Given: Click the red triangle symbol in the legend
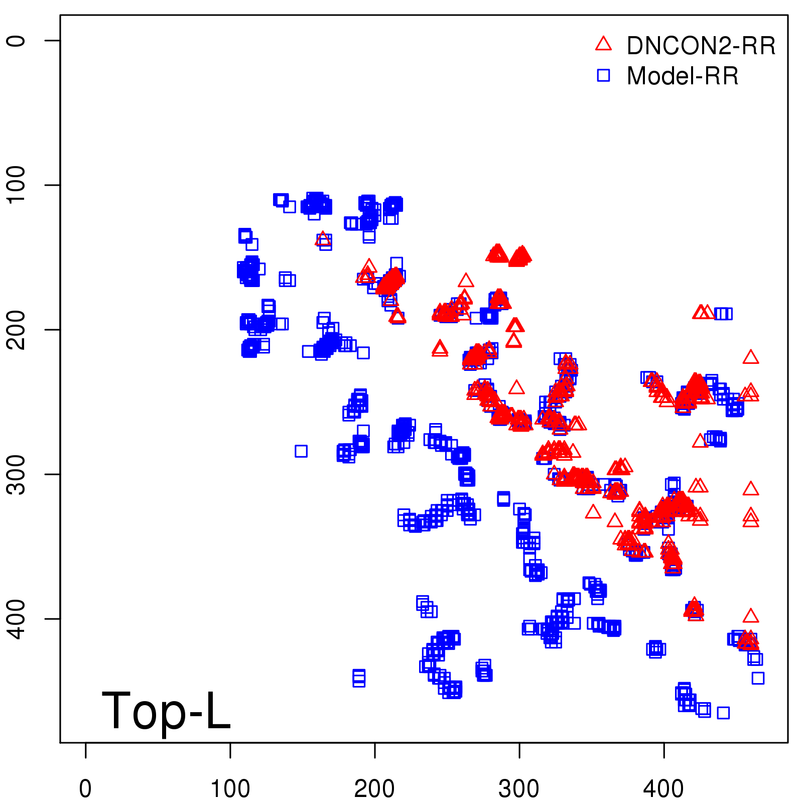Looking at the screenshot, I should point(603,44).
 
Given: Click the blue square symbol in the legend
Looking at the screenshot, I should point(603,75).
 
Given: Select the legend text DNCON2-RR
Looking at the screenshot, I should point(701,46).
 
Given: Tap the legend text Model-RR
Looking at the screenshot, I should point(683,76).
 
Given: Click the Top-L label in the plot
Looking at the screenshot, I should point(166,711).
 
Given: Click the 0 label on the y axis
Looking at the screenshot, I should point(17,41).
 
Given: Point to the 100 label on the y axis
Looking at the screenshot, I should point(17,185).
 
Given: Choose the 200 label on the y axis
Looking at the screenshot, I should point(17,330).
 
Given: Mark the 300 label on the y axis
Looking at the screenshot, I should point(17,474).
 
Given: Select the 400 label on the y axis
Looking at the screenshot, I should point(17,619).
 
